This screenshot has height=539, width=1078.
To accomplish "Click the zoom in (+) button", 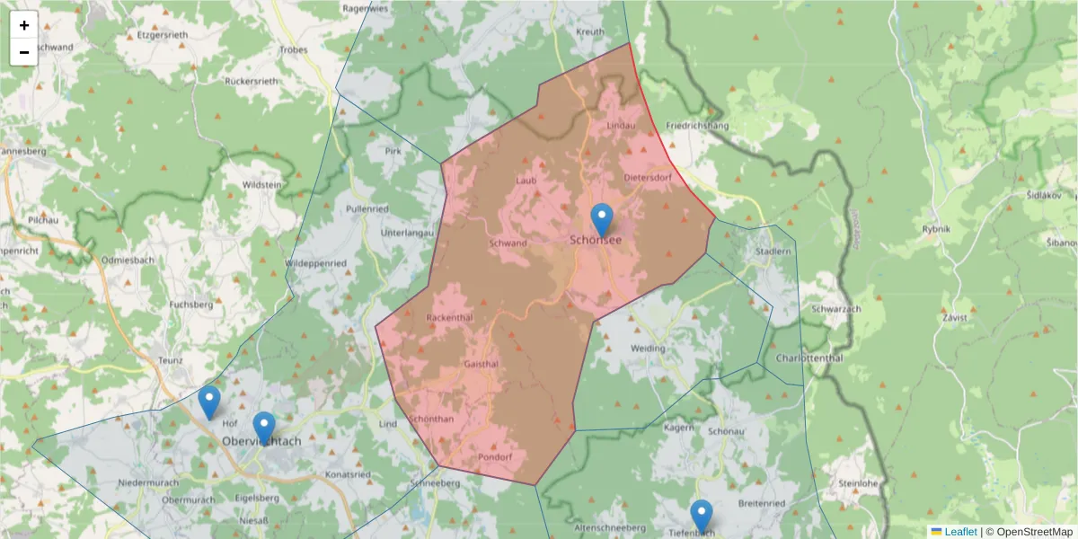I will pyautogui.click(x=24, y=25).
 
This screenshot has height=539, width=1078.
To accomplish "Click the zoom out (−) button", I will pyautogui.click(x=24, y=52).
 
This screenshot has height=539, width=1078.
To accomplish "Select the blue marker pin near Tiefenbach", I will pyautogui.click(x=702, y=517).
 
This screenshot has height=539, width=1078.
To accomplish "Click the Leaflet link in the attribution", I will pyautogui.click(x=959, y=532).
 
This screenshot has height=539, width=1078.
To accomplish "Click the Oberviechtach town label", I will pyautogui.click(x=262, y=442).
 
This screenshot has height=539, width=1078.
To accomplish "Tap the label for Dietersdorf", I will pyautogui.click(x=647, y=177).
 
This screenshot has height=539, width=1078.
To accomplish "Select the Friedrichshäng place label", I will pyautogui.click(x=697, y=126).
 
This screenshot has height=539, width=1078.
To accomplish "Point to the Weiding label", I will pyautogui.click(x=648, y=348).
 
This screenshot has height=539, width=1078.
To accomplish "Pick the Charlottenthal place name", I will pyautogui.click(x=806, y=357).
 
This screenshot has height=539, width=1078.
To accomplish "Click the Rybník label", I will pyautogui.click(x=935, y=229).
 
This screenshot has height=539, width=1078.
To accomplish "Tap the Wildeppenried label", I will pyautogui.click(x=315, y=263).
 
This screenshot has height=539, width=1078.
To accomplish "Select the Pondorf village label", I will pyautogui.click(x=494, y=457).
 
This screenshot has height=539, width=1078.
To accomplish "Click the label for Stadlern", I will pyautogui.click(x=773, y=253).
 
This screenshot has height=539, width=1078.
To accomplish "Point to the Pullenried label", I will pyautogui.click(x=367, y=208).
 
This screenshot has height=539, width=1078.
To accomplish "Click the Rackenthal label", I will pyautogui.click(x=449, y=318).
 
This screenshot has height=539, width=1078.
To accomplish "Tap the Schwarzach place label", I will pyautogui.click(x=835, y=309).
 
